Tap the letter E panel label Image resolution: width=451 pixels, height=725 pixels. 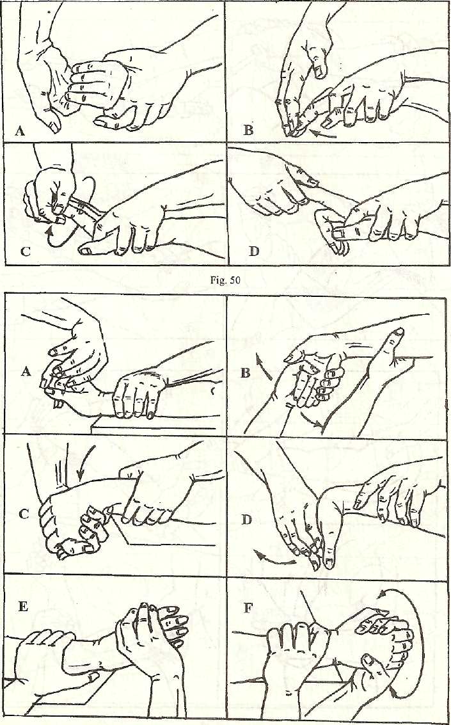(x=22, y=607)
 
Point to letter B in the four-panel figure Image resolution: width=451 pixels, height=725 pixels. (x=249, y=129)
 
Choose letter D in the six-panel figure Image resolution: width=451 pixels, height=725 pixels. (x=247, y=520)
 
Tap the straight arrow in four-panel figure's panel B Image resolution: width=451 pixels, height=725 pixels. (x=322, y=134)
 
